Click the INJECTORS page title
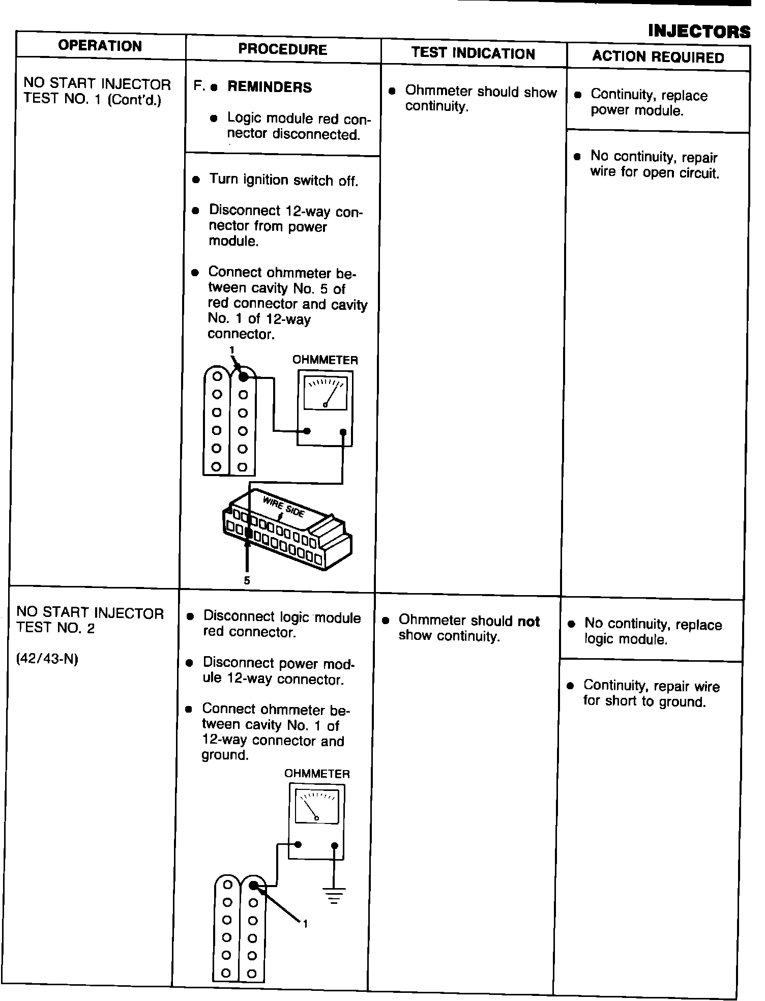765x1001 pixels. click(x=699, y=32)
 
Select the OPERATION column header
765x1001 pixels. click(x=100, y=46)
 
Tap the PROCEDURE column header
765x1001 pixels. click(x=282, y=49)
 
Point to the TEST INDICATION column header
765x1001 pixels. click(x=473, y=53)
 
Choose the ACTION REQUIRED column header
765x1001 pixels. click(x=658, y=57)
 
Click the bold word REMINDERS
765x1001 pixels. click(x=269, y=87)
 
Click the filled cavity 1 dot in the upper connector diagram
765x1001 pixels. click(x=244, y=376)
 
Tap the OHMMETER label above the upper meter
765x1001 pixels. click(x=325, y=360)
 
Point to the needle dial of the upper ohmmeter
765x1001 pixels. click(x=325, y=393)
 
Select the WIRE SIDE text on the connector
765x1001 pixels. click(x=283, y=507)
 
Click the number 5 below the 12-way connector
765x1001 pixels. click(x=247, y=580)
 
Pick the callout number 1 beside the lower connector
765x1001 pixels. click(x=305, y=924)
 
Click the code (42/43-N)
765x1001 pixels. click(x=47, y=659)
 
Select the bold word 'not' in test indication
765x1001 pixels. click(x=528, y=621)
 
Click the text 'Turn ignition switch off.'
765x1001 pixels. click(x=283, y=180)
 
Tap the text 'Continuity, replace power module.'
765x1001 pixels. click(x=649, y=103)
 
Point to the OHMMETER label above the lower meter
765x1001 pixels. click(x=317, y=774)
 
